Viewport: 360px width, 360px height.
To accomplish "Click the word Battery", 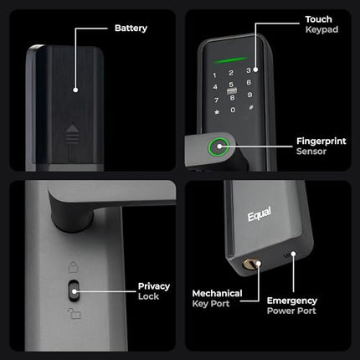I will pyautogui.click(x=131, y=28).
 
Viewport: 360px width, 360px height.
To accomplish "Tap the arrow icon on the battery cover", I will pyautogui.click(x=69, y=132).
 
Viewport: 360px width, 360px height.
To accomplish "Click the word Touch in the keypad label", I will pyautogui.click(x=318, y=18).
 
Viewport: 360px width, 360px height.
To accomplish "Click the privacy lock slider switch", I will pyautogui.click(x=74, y=293).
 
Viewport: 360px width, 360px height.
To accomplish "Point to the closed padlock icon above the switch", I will pyautogui.click(x=71, y=270).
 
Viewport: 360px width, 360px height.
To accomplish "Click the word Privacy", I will pyautogui.click(x=154, y=286).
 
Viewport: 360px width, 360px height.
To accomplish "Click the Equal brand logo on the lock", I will pyautogui.click(x=260, y=216).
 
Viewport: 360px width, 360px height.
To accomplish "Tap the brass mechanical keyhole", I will pyautogui.click(x=249, y=265).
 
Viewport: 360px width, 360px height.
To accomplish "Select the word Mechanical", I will pyautogui.click(x=217, y=294).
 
